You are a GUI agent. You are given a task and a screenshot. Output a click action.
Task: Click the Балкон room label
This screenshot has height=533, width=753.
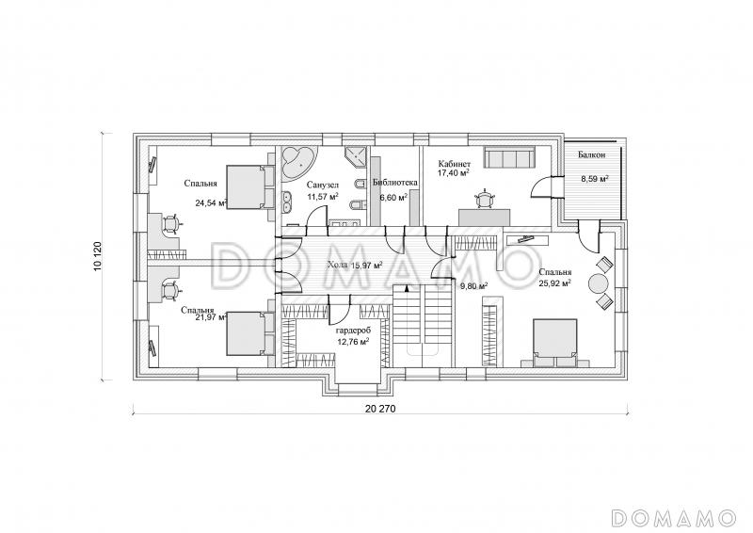tap(591, 154)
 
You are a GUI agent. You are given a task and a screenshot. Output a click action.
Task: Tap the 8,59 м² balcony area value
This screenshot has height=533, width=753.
tap(595, 178)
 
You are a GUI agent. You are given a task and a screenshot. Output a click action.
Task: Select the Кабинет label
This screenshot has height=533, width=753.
tap(455, 164)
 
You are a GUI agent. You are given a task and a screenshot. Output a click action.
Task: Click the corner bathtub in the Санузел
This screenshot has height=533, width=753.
tap(298, 163)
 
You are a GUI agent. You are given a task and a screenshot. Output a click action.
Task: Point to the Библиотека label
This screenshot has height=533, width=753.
tap(394, 183)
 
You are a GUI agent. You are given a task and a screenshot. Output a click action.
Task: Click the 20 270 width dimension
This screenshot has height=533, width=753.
tap(380, 410)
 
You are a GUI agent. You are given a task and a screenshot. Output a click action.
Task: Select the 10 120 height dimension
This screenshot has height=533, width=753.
tap(99, 257)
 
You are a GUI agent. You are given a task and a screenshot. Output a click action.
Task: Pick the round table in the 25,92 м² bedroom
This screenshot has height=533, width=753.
tap(600, 283)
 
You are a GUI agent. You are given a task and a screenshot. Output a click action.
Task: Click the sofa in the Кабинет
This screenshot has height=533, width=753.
tap(509, 157)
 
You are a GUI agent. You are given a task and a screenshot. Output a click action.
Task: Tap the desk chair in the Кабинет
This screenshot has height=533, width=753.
tap(484, 199)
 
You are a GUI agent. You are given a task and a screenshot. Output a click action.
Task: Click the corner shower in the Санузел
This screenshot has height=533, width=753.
tap(356, 155)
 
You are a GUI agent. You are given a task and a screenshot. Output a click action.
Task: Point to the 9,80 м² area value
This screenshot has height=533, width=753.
tap(474, 286)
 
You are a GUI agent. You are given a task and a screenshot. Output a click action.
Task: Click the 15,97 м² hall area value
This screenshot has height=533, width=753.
tap(367, 265)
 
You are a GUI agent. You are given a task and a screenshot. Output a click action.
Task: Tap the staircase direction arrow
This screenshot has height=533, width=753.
tap(407, 288)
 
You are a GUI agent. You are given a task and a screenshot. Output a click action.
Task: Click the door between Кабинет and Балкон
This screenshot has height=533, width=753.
tap(543, 187)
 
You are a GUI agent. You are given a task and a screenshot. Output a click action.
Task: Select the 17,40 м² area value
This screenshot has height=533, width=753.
tap(453, 172)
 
